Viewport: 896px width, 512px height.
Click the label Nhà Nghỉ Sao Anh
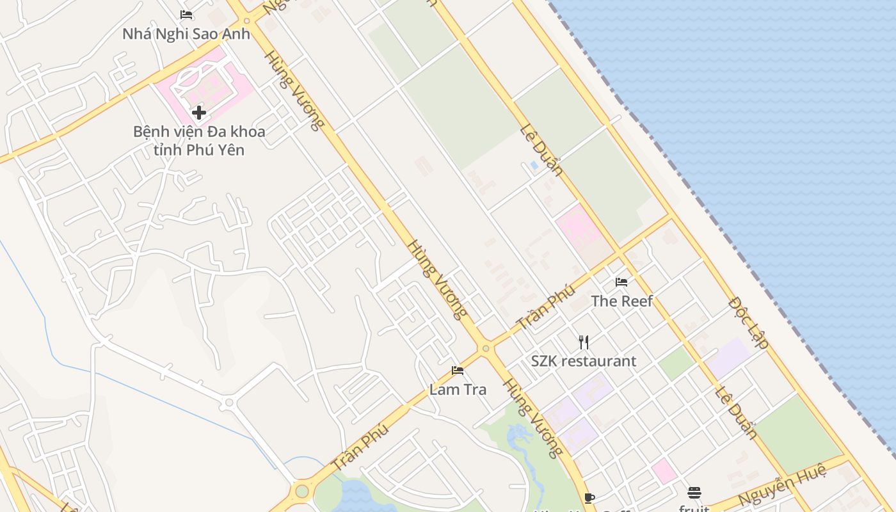click(x=186, y=33)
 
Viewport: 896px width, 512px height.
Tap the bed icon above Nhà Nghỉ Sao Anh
click(x=186, y=15)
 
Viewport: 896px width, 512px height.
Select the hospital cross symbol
click(x=199, y=113)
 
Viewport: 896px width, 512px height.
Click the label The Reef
click(x=621, y=301)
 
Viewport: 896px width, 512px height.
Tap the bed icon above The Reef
click(x=621, y=282)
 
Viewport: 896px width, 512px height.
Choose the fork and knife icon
click(x=583, y=342)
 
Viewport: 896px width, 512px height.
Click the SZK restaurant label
click(x=584, y=361)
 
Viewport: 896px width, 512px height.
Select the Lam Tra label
click(x=458, y=389)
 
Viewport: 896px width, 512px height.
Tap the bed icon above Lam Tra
click(x=457, y=370)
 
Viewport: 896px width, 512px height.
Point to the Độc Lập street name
click(x=749, y=322)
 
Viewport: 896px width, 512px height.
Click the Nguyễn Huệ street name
click(x=782, y=486)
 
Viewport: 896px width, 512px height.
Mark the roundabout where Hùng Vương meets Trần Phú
click(x=486, y=349)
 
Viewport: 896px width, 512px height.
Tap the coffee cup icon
click(x=589, y=498)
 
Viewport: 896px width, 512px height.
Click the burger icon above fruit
click(x=694, y=492)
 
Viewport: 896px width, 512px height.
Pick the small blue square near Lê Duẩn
click(x=534, y=165)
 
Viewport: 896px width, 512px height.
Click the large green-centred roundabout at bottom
click(x=301, y=492)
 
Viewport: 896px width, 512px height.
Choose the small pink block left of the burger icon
click(x=664, y=471)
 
